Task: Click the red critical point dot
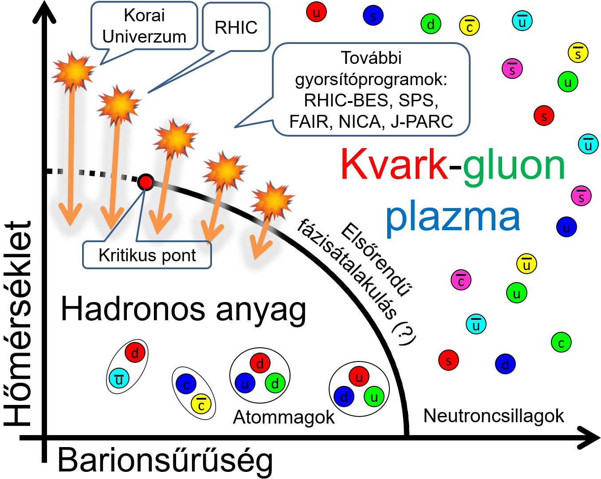pos(145,182)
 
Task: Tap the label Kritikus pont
pos(147,255)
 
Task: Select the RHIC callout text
pos(236,27)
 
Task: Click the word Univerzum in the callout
pos(144,36)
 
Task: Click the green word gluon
pos(514,168)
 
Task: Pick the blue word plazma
pos(453,218)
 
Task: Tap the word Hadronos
pos(133,310)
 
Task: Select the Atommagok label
pos(284,417)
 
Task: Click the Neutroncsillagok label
pos(494,416)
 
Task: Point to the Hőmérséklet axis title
pos(17,324)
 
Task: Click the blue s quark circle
pos(373,16)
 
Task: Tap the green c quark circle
pos(562,342)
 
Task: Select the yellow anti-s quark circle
pos(578,52)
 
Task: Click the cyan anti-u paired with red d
pos(119,378)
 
